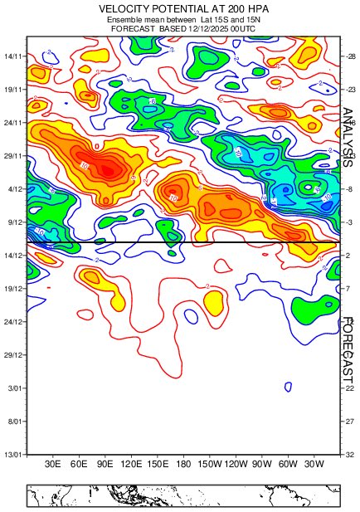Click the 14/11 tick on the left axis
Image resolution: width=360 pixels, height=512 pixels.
[14, 56]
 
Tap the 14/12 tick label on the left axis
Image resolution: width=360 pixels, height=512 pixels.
[14, 256]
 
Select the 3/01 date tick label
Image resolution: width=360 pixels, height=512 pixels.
[16, 388]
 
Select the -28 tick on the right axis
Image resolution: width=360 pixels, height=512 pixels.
[350, 56]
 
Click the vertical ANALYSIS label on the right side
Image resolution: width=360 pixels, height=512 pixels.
[349, 138]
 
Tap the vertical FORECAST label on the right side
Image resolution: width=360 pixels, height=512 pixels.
[349, 355]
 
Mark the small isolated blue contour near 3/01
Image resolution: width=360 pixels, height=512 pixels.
[288, 386]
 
